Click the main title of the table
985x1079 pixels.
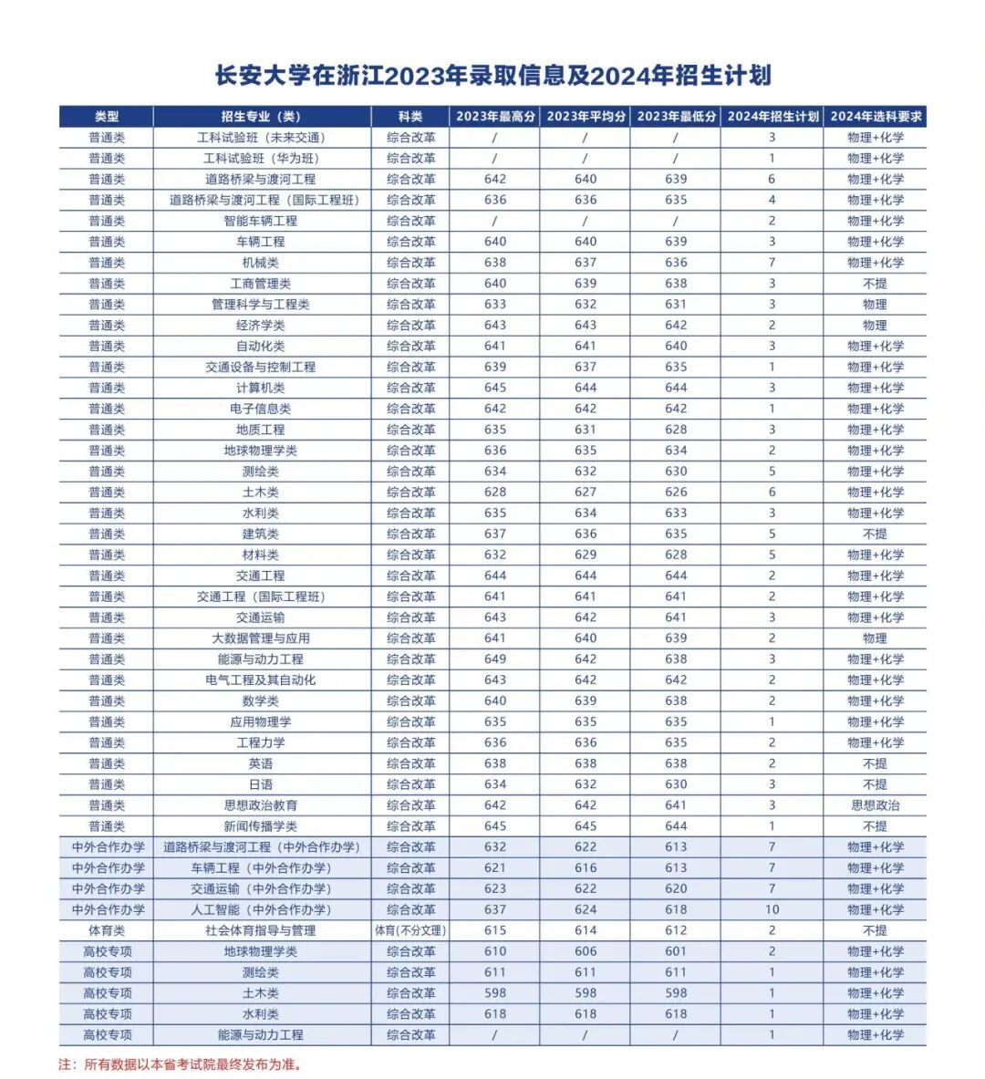pyautogui.click(x=493, y=76)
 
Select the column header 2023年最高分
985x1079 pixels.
pyautogui.click(x=494, y=117)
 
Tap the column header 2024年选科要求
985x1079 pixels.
pyautogui.click(x=875, y=117)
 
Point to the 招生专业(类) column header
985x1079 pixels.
pyautogui.click(x=261, y=117)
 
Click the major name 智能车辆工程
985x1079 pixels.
pyautogui.click(x=261, y=221)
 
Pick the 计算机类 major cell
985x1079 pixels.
pyautogui.click(x=261, y=388)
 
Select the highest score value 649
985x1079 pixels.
pyautogui.click(x=494, y=659)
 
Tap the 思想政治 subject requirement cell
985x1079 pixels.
pyautogui.click(x=875, y=805)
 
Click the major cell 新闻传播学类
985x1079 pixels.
pyautogui.click(x=261, y=826)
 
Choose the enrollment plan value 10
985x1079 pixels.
pyautogui.click(x=772, y=909)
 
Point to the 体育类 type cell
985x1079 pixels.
pyautogui.click(x=107, y=930)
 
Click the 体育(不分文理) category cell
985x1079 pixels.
pyautogui.click(x=410, y=930)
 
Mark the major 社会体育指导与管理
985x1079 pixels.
pyautogui.click(x=261, y=930)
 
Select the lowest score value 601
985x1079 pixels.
pyautogui.click(x=675, y=951)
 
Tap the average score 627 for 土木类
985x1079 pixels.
pyautogui.click(x=585, y=493)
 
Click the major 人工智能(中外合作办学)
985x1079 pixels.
pyautogui.click(x=261, y=909)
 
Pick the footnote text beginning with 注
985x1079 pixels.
pyautogui.click(x=180, y=1063)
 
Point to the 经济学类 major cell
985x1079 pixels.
pyautogui.click(x=261, y=326)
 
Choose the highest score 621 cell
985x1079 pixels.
pyautogui.click(x=494, y=867)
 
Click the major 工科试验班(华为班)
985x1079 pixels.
pyautogui.click(x=261, y=159)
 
